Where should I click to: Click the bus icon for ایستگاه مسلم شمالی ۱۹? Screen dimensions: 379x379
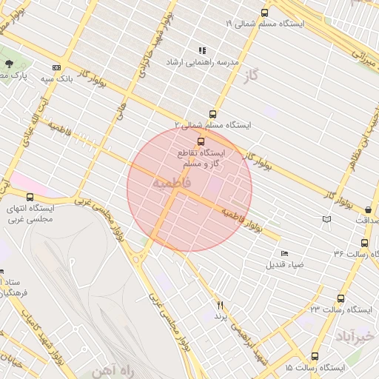point(264,13)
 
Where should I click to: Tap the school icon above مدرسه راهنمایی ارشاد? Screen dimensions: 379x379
point(202,50)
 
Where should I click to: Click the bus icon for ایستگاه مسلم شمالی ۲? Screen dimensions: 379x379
point(213,114)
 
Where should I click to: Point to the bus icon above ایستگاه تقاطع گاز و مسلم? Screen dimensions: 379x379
point(200,141)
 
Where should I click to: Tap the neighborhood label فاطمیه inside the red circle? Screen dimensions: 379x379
point(172,182)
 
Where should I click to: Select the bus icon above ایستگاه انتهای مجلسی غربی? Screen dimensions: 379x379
point(30,197)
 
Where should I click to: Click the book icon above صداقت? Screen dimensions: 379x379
point(327,219)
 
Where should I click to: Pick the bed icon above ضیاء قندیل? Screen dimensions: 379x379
point(285,253)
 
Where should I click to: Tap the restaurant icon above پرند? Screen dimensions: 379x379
point(219,304)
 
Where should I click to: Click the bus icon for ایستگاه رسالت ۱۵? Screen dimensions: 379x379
point(315,356)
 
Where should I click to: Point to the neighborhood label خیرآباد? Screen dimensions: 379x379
point(349,338)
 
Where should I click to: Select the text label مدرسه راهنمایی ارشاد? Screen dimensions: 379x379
point(202,63)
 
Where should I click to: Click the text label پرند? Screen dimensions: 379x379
point(219,316)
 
